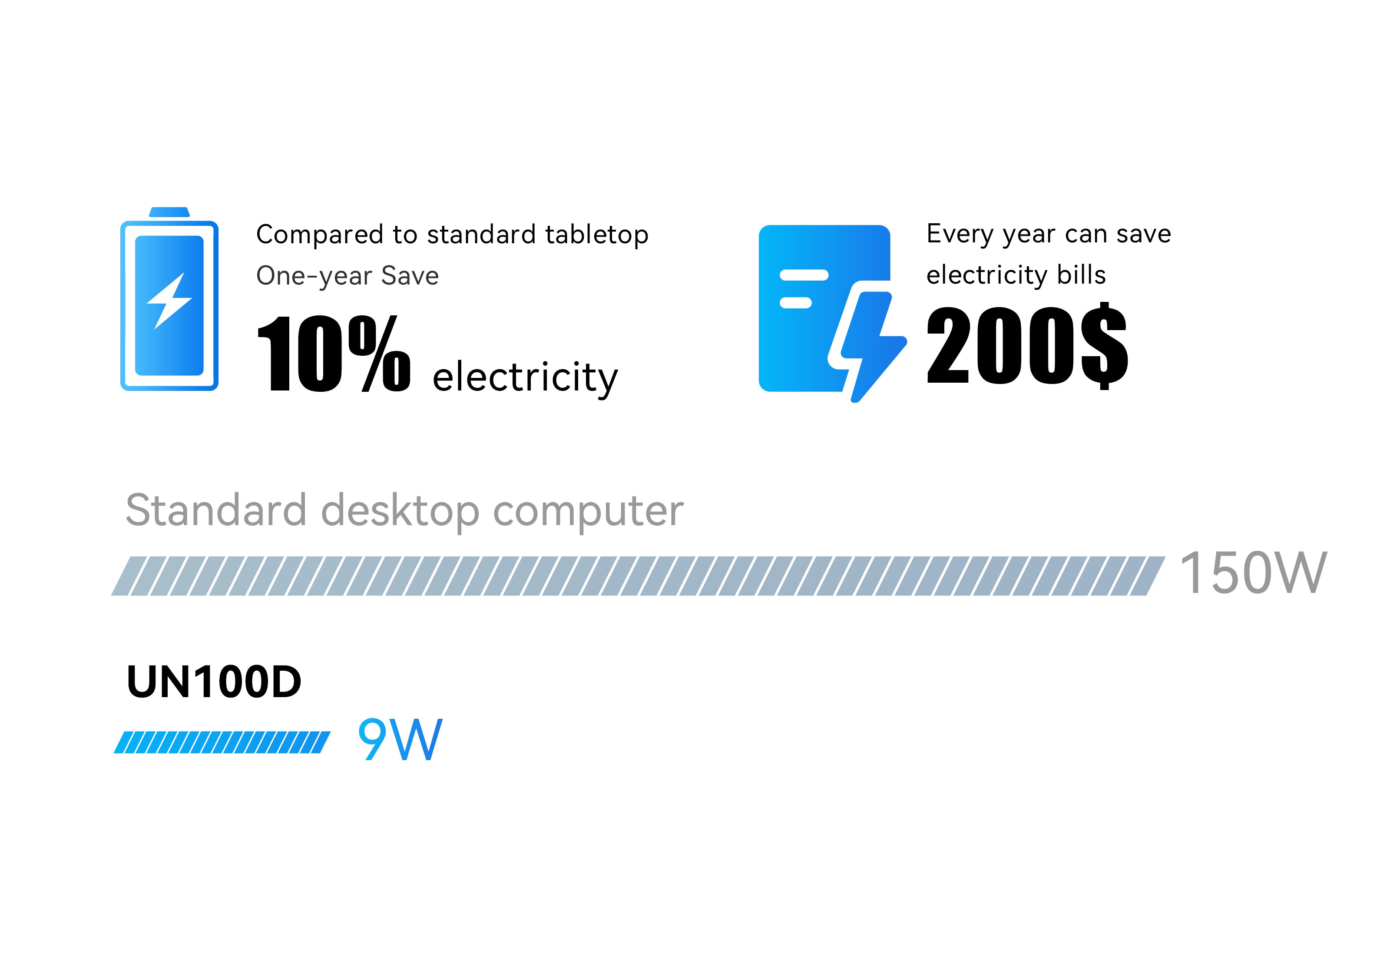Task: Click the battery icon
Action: tap(169, 299)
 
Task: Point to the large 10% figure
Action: tap(334, 354)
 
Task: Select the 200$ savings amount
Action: tap(1027, 345)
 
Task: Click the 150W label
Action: tap(1254, 572)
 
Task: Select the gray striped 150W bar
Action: tap(638, 576)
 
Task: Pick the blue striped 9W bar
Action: tap(222, 742)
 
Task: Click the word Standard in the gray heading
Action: tap(216, 510)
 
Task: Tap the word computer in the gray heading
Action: tap(588, 513)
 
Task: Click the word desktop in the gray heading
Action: tap(400, 512)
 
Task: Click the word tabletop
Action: tap(597, 235)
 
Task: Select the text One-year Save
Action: tap(347, 276)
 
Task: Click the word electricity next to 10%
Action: tap(525, 378)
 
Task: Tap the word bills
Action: tap(1082, 275)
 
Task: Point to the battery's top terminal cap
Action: tap(169, 212)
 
